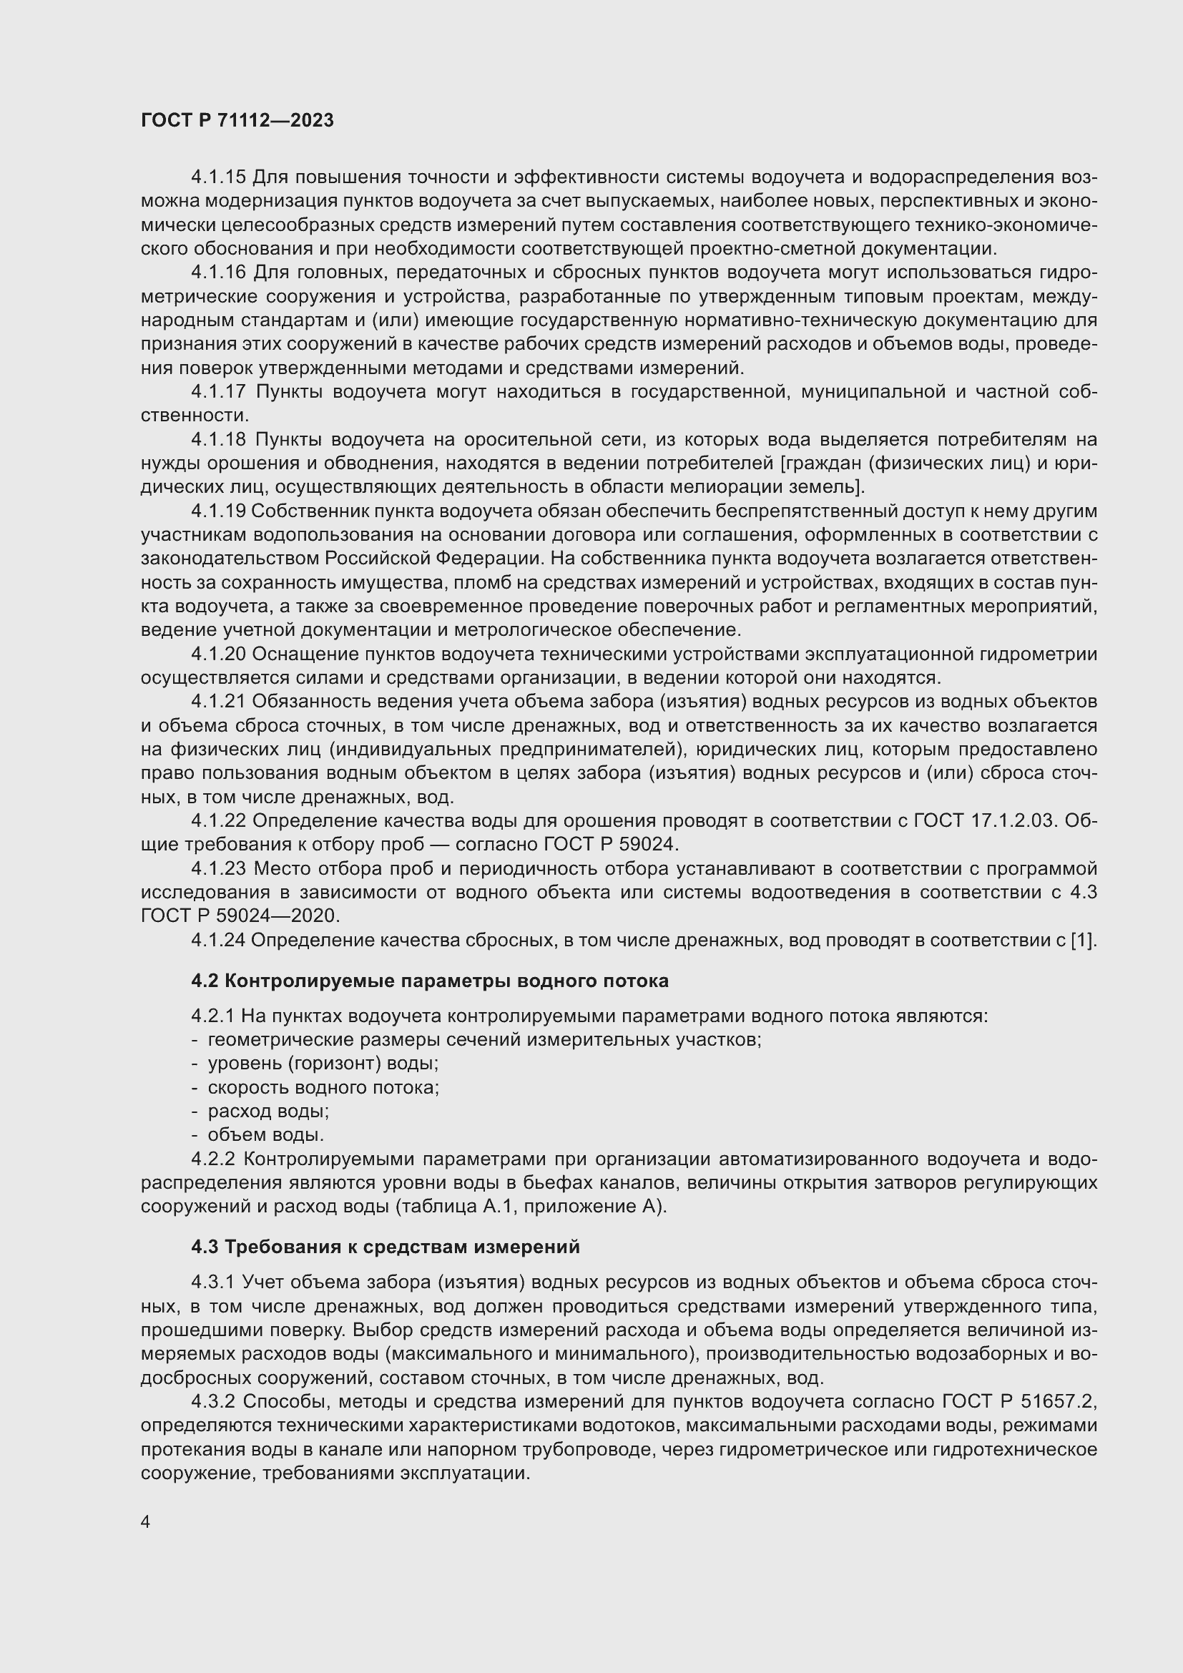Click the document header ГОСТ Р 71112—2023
coord(237,120)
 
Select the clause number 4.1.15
coord(219,177)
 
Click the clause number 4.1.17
coord(219,392)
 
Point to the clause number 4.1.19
coord(219,511)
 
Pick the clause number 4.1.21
coord(219,702)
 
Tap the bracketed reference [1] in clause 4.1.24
coord(1083,941)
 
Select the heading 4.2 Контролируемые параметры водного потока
coord(430,981)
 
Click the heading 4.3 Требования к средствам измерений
coord(386,1247)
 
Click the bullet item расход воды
coord(269,1112)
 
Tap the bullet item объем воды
coord(266,1134)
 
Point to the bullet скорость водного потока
coord(323,1087)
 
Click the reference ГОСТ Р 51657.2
coord(1019,1401)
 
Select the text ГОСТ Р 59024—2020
coord(240,916)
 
